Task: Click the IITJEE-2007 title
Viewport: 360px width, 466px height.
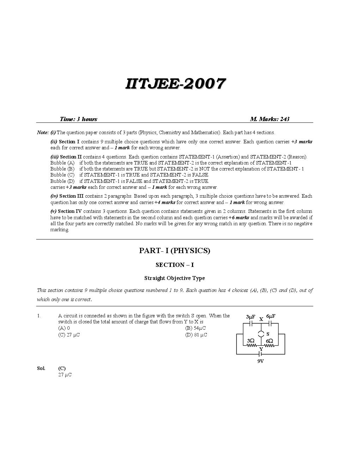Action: (175, 84)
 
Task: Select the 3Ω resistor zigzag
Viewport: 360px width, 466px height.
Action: (251, 346)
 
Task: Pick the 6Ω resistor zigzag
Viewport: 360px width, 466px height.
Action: (270, 346)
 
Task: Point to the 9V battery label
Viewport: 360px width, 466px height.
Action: (261, 361)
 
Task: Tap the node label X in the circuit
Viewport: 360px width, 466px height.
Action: (261, 319)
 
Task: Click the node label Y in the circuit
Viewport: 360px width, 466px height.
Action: (261, 349)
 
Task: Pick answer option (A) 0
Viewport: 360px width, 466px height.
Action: (64, 328)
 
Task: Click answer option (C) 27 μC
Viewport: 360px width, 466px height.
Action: (69, 335)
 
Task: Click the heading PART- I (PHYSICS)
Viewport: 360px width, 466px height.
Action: (175, 251)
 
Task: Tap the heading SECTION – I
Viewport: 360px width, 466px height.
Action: (175, 265)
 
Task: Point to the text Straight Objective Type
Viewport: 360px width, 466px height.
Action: (175, 278)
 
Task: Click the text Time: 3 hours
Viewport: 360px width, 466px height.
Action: (79, 119)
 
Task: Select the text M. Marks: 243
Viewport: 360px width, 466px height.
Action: (270, 119)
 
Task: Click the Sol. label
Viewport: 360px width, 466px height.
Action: (41, 368)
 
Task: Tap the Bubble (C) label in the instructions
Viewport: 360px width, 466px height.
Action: (62, 175)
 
